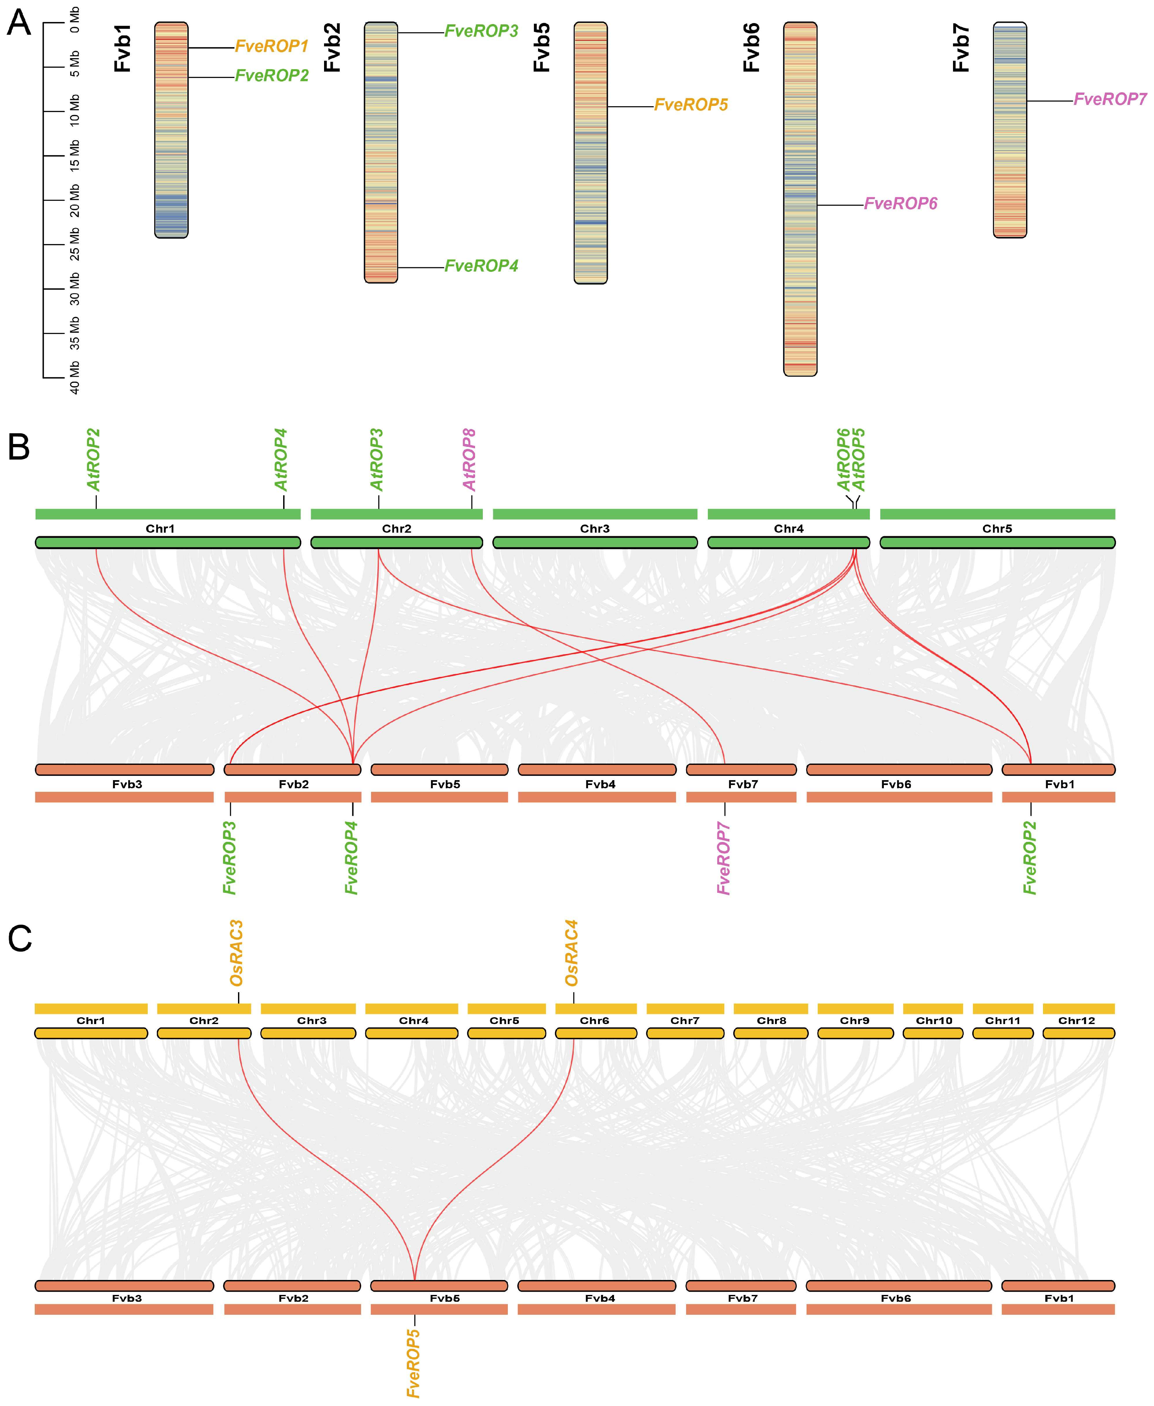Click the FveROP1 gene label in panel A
pos(272,46)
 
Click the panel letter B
pos(19,448)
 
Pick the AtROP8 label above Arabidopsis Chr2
pos(470,460)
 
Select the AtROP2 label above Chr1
pos(94,460)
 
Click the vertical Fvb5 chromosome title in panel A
pos(543,48)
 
